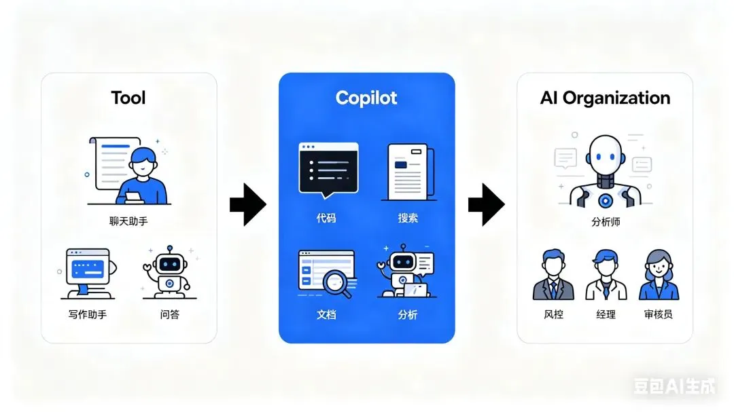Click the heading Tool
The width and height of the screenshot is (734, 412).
(128, 98)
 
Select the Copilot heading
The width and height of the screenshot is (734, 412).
(366, 98)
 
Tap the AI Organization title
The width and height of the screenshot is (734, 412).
(605, 98)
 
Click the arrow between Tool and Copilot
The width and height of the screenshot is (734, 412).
(247, 204)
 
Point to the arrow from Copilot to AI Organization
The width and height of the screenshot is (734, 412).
(486, 204)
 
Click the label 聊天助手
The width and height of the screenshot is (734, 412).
(128, 221)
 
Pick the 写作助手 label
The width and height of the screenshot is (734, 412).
(88, 314)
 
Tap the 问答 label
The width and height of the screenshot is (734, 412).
(170, 314)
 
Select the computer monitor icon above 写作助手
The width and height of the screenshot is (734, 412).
(88, 272)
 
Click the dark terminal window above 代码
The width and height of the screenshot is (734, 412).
(328, 169)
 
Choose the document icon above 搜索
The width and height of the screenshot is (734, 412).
(408, 172)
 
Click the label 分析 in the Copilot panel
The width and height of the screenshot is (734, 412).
(408, 315)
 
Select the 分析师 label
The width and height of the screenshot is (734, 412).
(605, 221)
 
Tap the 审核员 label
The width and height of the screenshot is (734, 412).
(658, 315)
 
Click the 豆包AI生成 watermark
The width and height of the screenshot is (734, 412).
(674, 387)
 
